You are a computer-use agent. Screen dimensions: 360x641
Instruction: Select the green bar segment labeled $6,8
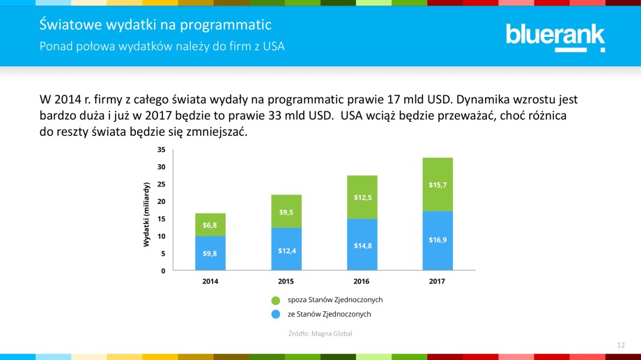click(x=210, y=225)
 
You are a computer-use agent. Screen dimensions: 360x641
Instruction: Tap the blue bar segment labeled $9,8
click(x=210, y=253)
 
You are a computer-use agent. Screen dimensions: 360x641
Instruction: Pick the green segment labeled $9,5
click(x=286, y=211)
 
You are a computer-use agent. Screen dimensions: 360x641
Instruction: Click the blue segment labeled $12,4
click(x=286, y=249)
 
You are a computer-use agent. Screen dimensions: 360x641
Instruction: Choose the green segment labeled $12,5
click(x=362, y=197)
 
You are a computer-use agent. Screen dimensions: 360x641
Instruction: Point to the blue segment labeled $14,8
click(x=362, y=245)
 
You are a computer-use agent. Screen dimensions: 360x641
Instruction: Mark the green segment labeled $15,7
click(x=438, y=185)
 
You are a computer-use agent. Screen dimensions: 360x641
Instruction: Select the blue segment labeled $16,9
click(x=438, y=240)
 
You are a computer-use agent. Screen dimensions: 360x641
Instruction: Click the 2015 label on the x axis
click(x=286, y=282)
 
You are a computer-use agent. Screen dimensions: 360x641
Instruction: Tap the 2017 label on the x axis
click(x=437, y=282)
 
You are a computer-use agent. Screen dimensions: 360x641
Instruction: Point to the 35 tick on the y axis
click(x=161, y=150)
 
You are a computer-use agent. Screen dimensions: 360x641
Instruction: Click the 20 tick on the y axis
click(x=161, y=201)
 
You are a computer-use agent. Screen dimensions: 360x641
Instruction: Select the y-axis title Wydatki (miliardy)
click(x=146, y=214)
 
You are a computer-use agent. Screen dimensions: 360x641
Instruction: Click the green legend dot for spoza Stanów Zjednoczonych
click(x=276, y=300)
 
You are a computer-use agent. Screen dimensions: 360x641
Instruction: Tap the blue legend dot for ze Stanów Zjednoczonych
click(x=276, y=315)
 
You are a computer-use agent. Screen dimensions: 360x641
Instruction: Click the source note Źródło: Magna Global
click(x=320, y=334)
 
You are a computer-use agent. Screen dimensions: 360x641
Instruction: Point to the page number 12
click(x=621, y=345)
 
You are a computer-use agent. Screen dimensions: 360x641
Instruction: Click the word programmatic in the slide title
click(x=225, y=26)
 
